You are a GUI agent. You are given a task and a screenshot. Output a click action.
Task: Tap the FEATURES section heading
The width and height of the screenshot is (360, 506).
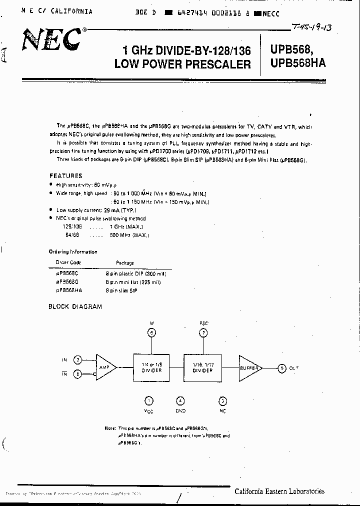65,176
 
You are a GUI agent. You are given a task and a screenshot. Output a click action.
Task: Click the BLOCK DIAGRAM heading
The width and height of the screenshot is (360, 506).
75,306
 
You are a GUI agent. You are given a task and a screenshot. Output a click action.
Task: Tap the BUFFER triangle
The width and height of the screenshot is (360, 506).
249,368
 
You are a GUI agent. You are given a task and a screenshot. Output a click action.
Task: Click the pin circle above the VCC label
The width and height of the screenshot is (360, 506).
148,400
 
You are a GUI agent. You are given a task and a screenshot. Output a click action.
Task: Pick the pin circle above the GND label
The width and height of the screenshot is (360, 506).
180,400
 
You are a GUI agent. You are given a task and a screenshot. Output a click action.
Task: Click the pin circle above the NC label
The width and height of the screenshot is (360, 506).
222,400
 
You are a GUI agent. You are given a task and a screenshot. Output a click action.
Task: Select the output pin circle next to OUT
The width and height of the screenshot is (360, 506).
283,368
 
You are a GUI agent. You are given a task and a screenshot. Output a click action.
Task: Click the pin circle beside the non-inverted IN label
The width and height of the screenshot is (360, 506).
78,359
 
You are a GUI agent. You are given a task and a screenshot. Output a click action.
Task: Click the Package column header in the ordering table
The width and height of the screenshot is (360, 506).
125,262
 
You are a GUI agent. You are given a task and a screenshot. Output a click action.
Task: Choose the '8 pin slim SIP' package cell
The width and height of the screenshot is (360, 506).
121,290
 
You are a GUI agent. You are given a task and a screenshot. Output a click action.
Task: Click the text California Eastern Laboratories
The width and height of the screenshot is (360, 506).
279,491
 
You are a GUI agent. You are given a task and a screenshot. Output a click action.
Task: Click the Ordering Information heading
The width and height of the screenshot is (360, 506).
73,252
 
